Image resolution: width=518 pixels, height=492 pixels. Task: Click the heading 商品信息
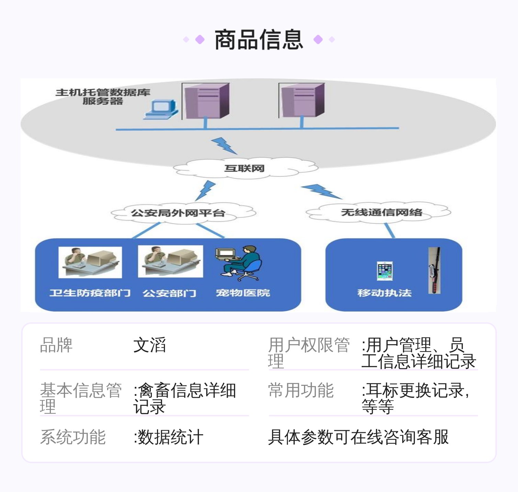pyautogui.click(x=259, y=40)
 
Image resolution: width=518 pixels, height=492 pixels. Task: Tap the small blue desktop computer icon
pyautogui.click(x=161, y=110)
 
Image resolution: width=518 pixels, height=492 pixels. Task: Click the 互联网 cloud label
pyautogui.click(x=244, y=168)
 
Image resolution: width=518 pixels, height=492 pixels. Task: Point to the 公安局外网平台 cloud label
pyautogui.click(x=178, y=213)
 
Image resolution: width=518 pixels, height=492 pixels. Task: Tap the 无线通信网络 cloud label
pyautogui.click(x=382, y=212)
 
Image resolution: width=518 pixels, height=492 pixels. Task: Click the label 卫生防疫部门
pyautogui.click(x=90, y=293)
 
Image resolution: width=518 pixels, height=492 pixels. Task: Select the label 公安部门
pyautogui.click(x=169, y=293)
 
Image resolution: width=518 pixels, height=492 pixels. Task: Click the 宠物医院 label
pyautogui.click(x=243, y=293)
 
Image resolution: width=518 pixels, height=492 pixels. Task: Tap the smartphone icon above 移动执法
pyautogui.click(x=384, y=271)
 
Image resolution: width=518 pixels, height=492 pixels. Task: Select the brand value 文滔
pyautogui.click(x=149, y=345)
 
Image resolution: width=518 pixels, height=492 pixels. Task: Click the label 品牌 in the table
pyautogui.click(x=56, y=345)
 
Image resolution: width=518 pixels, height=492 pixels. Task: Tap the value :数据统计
pyautogui.click(x=168, y=437)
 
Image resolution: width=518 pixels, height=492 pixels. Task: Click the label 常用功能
pyautogui.click(x=301, y=390)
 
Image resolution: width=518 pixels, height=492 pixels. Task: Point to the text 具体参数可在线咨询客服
pyautogui.click(x=358, y=437)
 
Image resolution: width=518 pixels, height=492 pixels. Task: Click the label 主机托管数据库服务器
pyautogui.click(x=103, y=97)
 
